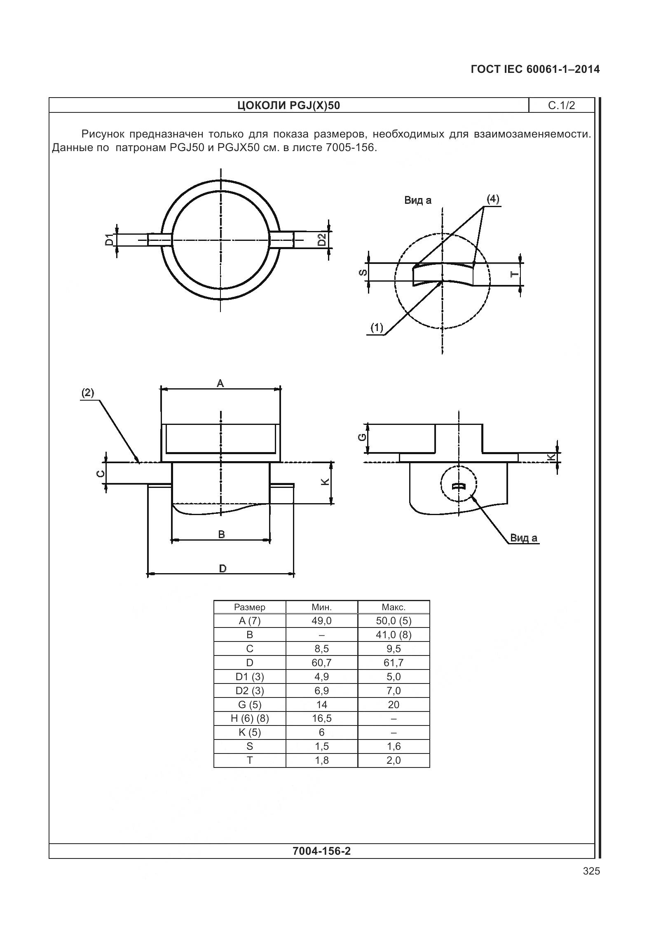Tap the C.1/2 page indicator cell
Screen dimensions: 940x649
click(561, 106)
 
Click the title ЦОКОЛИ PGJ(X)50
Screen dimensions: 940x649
click(288, 106)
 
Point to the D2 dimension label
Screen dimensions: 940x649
click(322, 240)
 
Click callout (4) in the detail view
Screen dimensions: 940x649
click(492, 200)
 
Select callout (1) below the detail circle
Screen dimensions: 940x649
click(377, 328)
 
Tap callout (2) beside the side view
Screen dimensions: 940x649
click(87, 393)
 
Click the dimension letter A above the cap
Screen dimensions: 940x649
click(220, 384)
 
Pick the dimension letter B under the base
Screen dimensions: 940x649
click(221, 534)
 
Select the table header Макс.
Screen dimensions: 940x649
click(394, 607)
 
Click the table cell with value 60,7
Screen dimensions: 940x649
click(321, 662)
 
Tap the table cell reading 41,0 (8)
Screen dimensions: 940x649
click(394, 634)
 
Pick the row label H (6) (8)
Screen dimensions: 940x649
click(250, 718)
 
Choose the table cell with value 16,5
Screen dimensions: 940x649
click(321, 718)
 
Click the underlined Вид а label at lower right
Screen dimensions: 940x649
click(524, 538)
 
